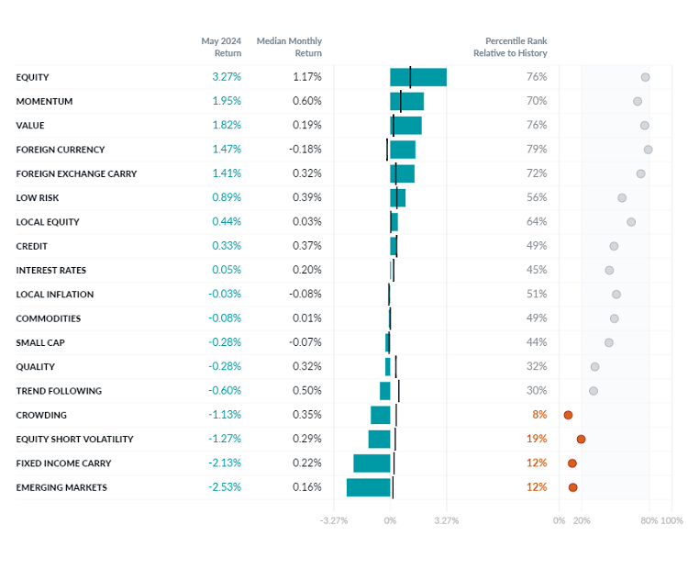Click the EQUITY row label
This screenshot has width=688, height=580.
[x=33, y=77]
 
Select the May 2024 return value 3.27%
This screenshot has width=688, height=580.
[x=227, y=77]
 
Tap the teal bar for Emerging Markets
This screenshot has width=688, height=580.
[x=368, y=487]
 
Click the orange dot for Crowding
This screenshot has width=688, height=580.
[x=568, y=415]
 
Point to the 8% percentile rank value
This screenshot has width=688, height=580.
[x=539, y=415]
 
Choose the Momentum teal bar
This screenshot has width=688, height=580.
[x=406, y=101]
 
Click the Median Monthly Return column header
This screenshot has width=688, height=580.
[x=289, y=47]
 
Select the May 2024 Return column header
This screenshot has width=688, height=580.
[x=221, y=47]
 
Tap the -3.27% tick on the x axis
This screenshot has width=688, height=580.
[x=334, y=520]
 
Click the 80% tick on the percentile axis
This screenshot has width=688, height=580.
[x=649, y=520]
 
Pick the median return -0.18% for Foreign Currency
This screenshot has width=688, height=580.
[x=305, y=150]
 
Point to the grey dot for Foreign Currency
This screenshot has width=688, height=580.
[x=648, y=150]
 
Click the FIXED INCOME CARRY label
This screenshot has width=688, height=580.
[x=61, y=463]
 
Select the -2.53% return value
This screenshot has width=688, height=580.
[x=225, y=487]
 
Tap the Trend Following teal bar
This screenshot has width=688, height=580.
[x=385, y=391]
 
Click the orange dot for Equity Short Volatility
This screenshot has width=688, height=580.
[x=581, y=440]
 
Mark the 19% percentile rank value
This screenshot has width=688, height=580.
[x=537, y=440]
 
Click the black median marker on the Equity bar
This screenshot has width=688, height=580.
[x=410, y=77]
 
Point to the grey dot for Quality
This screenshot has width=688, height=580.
[x=594, y=367]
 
